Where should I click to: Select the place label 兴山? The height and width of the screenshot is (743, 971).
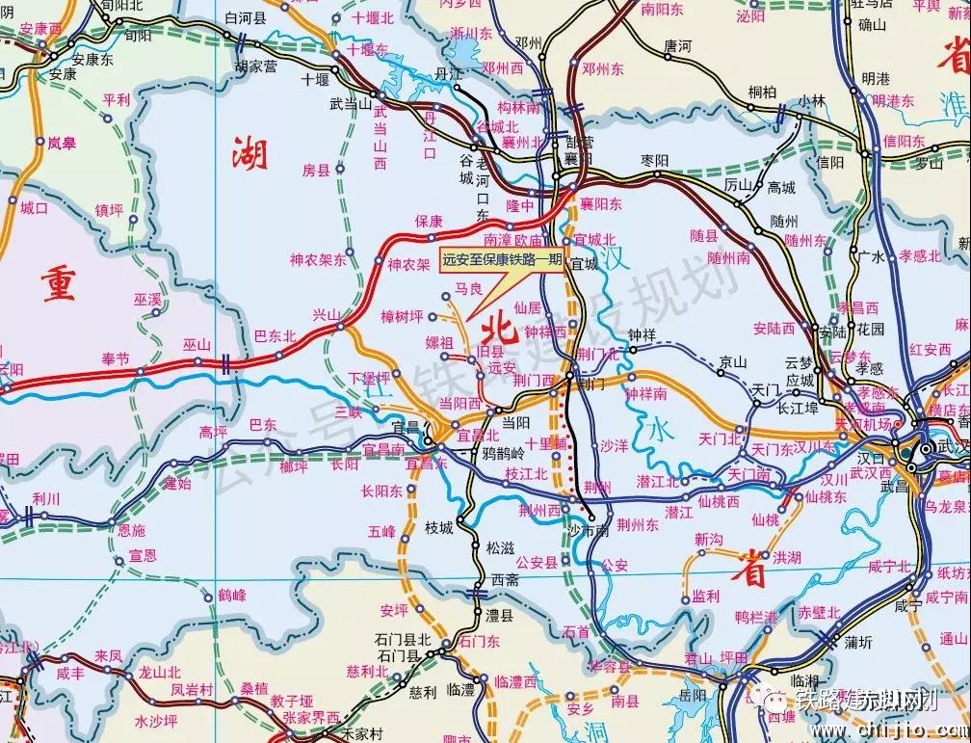coord(328,315)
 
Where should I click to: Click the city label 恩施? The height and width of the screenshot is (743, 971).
coord(131,530)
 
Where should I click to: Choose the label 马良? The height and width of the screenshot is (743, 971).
coord(468,288)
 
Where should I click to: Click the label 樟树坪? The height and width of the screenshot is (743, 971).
coord(402,315)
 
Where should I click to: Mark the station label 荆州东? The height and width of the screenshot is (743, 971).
coord(638,525)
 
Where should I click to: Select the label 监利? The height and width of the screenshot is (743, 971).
coord(705,597)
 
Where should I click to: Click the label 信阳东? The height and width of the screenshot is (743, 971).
coord(904,141)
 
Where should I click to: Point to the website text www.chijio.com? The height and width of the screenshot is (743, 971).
coord(872,724)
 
